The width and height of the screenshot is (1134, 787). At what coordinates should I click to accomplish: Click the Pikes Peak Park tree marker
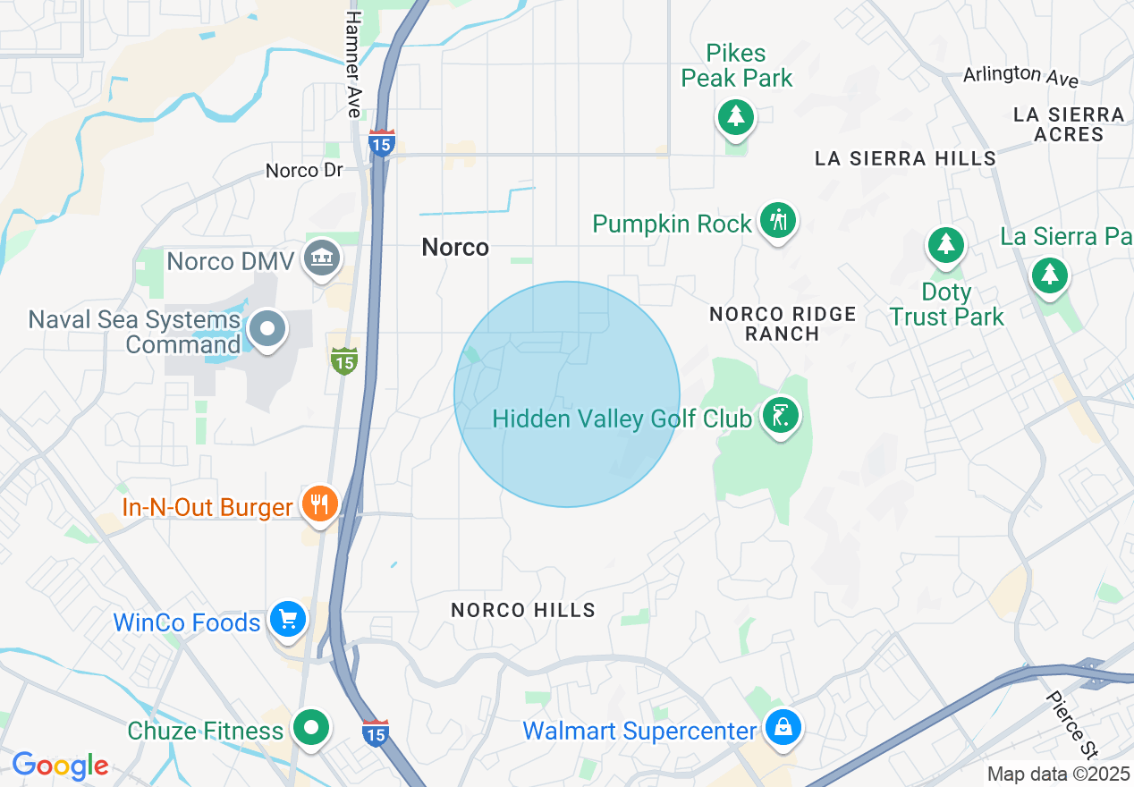coord(735,116)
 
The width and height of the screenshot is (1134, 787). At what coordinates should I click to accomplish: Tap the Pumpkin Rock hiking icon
coord(778,219)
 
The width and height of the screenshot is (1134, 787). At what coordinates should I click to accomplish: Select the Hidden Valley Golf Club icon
coord(781,416)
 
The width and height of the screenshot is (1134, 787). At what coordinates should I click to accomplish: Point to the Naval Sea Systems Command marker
coord(267,329)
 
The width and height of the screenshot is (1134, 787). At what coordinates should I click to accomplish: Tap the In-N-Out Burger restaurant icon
coord(319,505)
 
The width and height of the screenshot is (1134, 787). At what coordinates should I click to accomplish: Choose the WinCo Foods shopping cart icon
coord(288,619)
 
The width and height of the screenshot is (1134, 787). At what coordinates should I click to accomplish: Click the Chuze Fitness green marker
coord(311,727)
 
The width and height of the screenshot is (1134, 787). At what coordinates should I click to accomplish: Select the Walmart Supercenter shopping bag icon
coord(783,728)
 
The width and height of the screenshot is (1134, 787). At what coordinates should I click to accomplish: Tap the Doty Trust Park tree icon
coord(945,244)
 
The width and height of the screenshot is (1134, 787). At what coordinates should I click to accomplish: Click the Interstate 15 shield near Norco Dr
coord(382,143)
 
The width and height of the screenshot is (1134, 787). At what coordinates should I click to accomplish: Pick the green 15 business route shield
coord(344,361)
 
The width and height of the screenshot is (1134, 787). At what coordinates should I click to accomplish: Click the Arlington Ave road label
coord(1020,76)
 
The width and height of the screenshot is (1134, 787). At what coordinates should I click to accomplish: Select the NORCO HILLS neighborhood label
coord(523,610)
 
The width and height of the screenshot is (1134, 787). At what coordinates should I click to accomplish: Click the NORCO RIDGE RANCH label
coord(783,324)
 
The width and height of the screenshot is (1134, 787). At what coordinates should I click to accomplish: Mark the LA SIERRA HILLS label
coord(905,158)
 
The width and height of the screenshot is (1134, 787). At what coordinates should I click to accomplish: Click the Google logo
coord(60,766)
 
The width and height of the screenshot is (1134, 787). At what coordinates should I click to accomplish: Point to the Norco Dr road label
coord(304,170)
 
